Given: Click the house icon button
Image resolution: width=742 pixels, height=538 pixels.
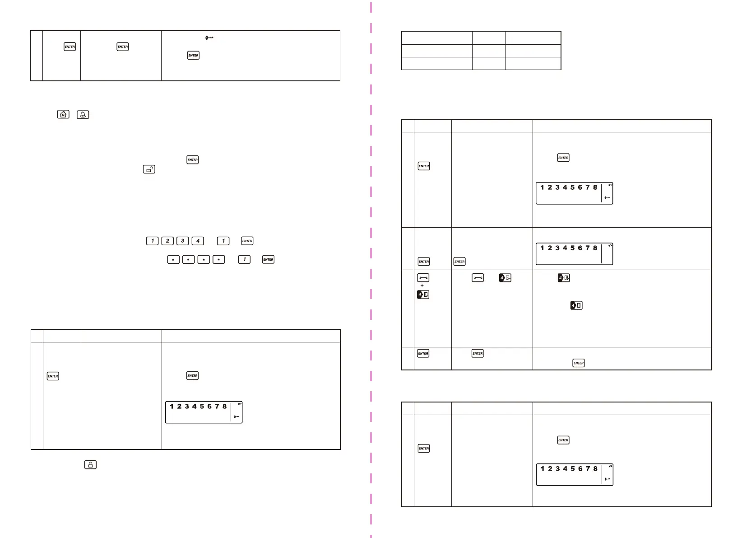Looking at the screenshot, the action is tap(63, 114).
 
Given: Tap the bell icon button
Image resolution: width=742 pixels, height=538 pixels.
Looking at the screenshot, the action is tap(83, 114).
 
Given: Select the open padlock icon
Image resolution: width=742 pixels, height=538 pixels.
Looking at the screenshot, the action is tap(149, 169).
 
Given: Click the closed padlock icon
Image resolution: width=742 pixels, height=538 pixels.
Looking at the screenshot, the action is tap(90, 464).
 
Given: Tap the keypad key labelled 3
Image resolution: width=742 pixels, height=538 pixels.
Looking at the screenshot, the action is tap(182, 241).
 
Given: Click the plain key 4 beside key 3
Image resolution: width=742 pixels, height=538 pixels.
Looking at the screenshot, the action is tap(198, 241).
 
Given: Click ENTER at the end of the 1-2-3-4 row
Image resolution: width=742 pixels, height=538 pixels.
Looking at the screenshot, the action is tap(247, 241).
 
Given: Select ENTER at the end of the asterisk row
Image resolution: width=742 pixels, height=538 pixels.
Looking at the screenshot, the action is tap(268, 259).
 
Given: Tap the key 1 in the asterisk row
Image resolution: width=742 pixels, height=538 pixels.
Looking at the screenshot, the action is tap(244, 259).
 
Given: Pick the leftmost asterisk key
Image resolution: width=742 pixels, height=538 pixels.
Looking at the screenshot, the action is tap(173, 259).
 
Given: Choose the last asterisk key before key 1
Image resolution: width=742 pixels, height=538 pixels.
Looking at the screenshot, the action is tap(218, 259).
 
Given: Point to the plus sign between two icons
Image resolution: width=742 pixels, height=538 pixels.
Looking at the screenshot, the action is tap(422, 285).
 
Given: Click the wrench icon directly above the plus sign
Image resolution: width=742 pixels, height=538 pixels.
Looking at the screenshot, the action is tap(423, 278).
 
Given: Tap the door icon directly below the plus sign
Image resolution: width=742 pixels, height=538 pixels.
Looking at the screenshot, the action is tap(423, 295).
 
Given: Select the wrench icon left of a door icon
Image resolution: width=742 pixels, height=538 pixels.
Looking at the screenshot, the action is tap(478, 278).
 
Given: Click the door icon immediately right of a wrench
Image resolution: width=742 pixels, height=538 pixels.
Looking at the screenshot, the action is tap(505, 278).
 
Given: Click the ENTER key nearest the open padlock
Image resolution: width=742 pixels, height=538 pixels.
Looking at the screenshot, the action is tap(192, 159).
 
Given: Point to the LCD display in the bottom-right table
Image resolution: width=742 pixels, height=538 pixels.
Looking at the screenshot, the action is tap(574, 474).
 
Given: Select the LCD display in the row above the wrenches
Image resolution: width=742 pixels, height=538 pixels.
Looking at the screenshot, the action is tap(574, 254).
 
